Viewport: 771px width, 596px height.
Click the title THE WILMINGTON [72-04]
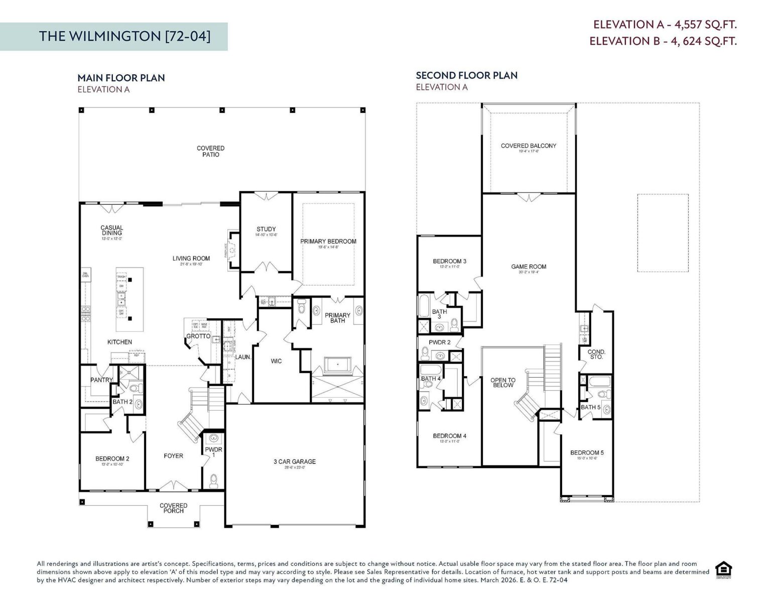pos(125,36)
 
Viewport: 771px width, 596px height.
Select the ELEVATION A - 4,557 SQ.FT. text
pos(665,25)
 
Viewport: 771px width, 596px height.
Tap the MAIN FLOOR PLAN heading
pos(121,78)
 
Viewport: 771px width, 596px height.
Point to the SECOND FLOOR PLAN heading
pos(466,75)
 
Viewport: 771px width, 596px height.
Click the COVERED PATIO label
pos(210,151)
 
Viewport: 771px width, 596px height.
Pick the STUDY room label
pos(266,229)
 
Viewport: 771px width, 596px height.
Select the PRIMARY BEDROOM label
pos(328,242)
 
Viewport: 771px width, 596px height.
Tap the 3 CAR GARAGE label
pos(295,461)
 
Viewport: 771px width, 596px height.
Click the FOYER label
pos(173,456)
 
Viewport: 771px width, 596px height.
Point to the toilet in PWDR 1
pos(214,480)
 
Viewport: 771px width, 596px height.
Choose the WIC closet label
pos(276,361)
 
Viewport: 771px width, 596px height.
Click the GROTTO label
pos(198,336)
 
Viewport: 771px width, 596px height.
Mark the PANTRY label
pos(101,380)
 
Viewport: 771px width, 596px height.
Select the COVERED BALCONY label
pos(529,146)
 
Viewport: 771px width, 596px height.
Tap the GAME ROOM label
pos(529,267)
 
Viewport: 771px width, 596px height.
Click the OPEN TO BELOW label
pos(503,383)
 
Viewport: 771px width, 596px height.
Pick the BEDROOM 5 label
pos(587,452)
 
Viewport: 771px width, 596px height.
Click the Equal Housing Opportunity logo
pos(723,570)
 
